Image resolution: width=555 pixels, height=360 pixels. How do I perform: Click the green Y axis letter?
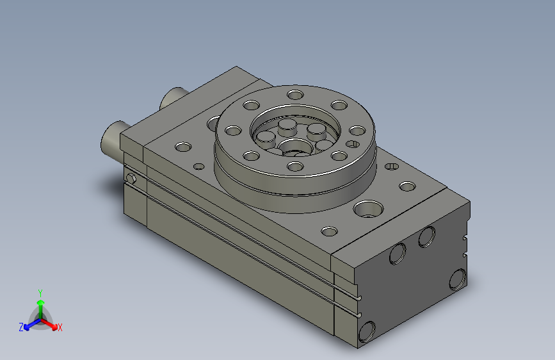(x=40, y=293)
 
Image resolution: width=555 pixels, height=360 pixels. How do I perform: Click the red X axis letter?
(x=60, y=327)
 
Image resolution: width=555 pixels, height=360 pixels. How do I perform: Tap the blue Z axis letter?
(x=21, y=327)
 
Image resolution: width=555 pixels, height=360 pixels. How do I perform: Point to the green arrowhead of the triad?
(x=41, y=303)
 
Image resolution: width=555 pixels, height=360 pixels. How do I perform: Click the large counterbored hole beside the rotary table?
(x=368, y=209)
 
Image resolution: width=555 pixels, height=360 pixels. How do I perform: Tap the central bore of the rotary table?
(x=295, y=148)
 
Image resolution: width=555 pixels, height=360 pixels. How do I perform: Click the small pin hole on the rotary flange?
(x=353, y=144)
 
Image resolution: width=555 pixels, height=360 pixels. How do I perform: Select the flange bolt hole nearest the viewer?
(x=295, y=166)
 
